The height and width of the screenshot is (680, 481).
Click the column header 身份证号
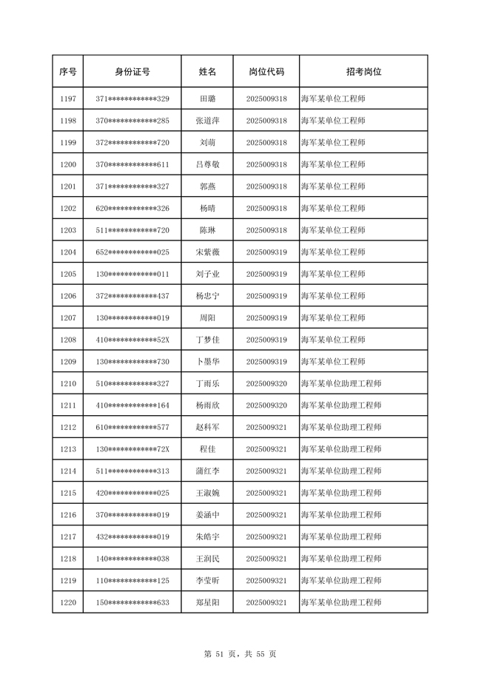click(x=132, y=72)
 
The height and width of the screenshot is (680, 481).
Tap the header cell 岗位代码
click(x=266, y=72)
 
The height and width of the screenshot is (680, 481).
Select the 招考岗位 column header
click(x=363, y=72)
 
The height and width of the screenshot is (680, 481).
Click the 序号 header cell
click(x=68, y=72)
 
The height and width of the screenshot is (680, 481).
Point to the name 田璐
click(x=208, y=98)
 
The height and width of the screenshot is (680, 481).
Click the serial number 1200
click(x=68, y=164)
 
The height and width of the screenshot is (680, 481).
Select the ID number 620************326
click(x=132, y=209)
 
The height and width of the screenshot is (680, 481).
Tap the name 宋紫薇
click(x=208, y=252)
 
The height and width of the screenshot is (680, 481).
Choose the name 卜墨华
click(x=208, y=362)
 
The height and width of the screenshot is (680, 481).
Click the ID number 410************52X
click(x=132, y=340)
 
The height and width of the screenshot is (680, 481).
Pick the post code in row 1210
click(x=266, y=384)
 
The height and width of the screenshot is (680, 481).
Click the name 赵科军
click(x=208, y=428)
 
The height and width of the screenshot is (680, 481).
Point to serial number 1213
click(x=68, y=449)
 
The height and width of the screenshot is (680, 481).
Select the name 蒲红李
click(x=208, y=471)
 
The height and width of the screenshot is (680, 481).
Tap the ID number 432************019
click(x=132, y=537)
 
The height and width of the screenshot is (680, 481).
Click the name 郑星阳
click(x=208, y=603)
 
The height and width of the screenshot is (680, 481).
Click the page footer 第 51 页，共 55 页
click(x=240, y=653)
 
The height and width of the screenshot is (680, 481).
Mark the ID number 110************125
click(x=132, y=581)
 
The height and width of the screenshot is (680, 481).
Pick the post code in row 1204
click(x=266, y=252)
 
